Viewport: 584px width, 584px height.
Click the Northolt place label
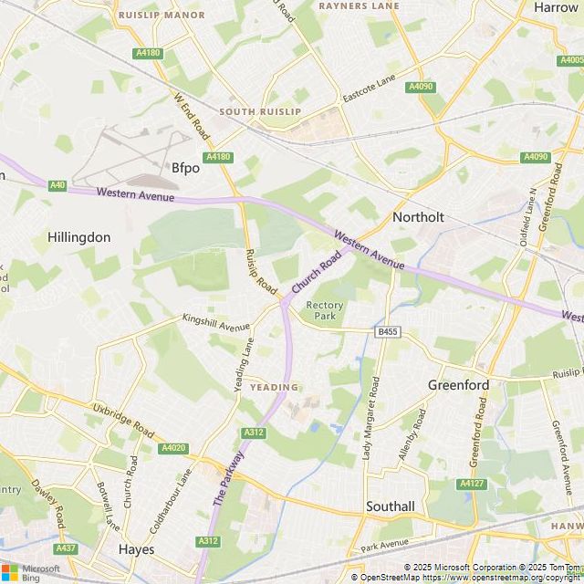click(418, 217)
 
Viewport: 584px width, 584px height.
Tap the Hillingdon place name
click(78, 237)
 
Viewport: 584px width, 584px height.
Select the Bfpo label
click(185, 168)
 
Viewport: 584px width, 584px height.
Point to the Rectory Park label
click(324, 310)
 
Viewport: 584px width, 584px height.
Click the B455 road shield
click(387, 332)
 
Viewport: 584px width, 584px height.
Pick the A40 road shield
click(58, 185)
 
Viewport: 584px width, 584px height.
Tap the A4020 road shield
click(172, 448)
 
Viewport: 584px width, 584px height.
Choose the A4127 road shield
click(472, 484)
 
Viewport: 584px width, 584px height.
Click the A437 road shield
click(66, 548)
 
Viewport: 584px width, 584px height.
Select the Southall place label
click(390, 506)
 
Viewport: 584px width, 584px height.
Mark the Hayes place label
click(136, 549)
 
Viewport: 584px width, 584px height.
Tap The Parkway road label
click(230, 480)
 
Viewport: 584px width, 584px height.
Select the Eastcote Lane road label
click(371, 89)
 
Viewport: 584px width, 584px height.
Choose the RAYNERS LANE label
click(359, 5)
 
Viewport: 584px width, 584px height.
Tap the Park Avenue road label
click(384, 545)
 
